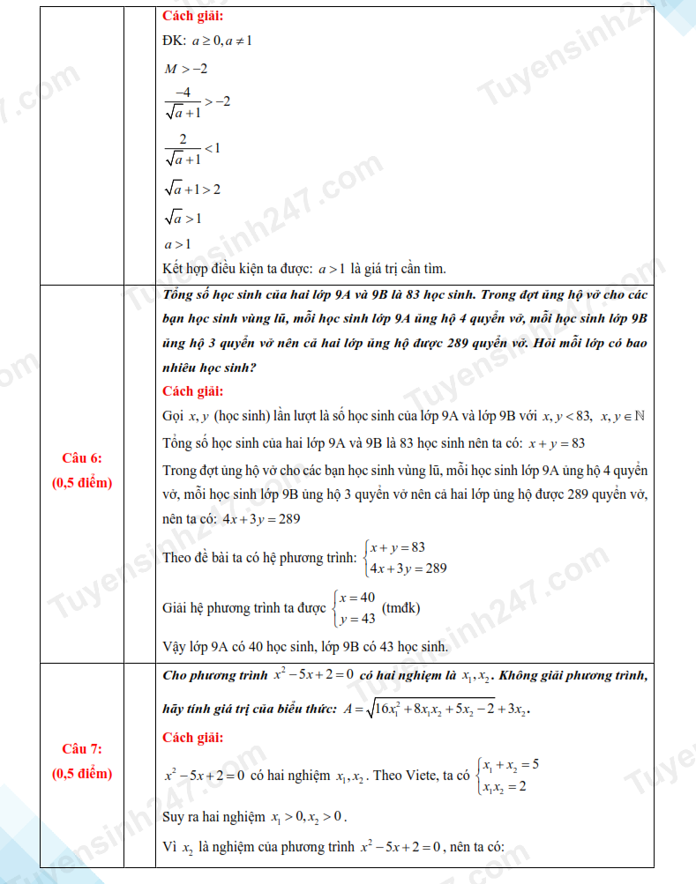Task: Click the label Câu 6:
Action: coord(82,457)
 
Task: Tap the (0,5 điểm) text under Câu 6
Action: coord(82,482)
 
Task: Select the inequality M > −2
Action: coord(185,69)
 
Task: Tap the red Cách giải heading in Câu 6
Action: coord(193,390)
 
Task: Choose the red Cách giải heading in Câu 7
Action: coord(193,737)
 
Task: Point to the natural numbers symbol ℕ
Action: coord(640,416)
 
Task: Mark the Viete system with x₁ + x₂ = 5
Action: coord(507,775)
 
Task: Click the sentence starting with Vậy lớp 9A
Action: coord(305,647)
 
